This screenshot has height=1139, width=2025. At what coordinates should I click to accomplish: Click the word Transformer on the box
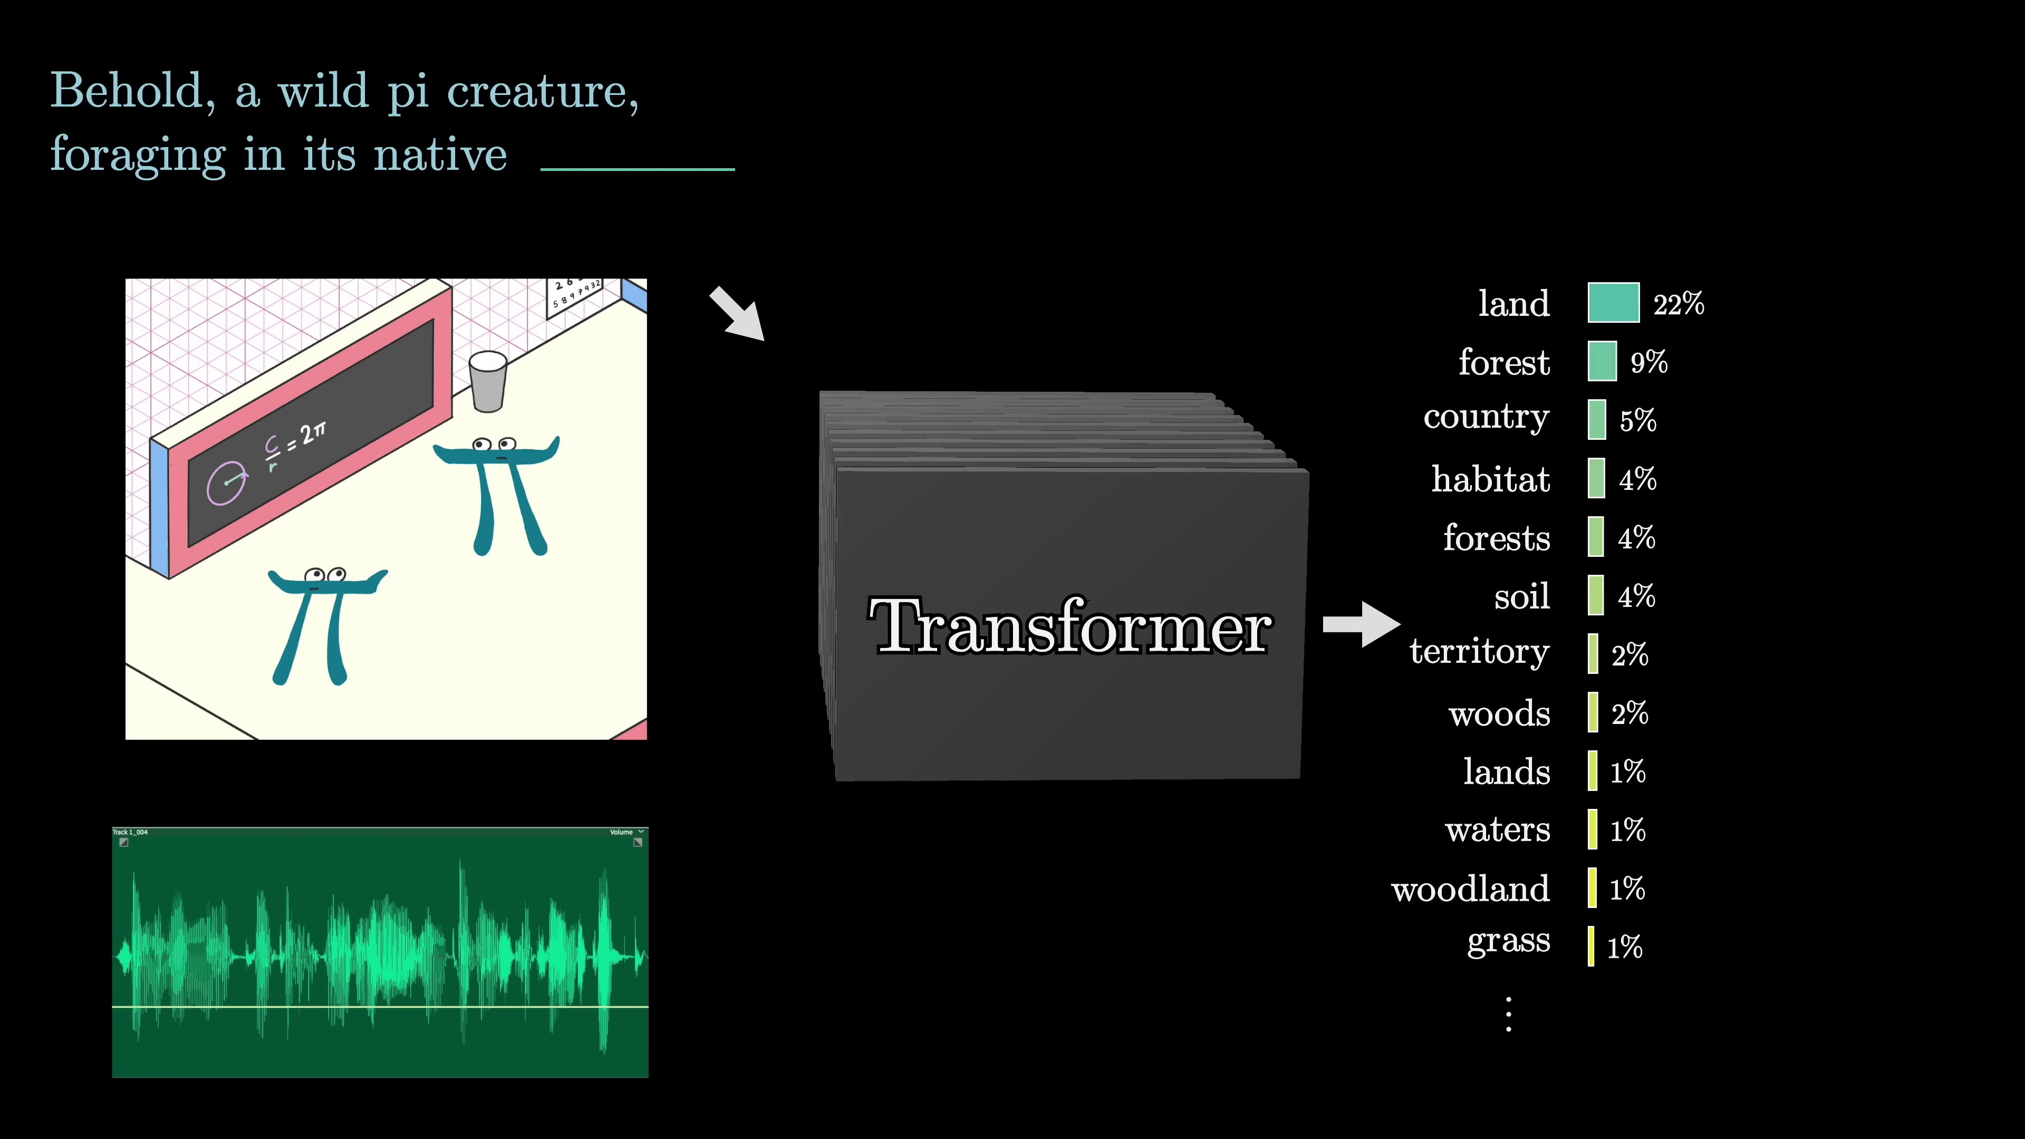point(1069,626)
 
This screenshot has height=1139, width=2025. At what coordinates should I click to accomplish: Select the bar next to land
point(1613,303)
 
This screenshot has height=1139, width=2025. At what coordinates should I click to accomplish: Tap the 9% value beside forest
point(1648,362)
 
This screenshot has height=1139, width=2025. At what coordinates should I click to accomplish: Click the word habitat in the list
point(1490,479)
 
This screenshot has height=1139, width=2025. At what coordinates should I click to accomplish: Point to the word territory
point(1479,652)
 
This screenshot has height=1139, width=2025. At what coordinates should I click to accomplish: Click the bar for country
point(1597,420)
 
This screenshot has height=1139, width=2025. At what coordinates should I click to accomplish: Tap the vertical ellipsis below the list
point(1508,1014)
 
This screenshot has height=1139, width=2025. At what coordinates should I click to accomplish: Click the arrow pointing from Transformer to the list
point(1361,624)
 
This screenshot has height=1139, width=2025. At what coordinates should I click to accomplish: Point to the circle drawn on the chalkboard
point(226,484)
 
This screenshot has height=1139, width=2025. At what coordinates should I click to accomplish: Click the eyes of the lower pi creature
point(325,575)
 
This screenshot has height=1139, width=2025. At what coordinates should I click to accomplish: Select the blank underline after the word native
point(638,168)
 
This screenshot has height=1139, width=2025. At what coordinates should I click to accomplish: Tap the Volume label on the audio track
point(621,832)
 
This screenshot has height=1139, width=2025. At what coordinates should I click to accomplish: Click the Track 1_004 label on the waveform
point(130,832)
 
